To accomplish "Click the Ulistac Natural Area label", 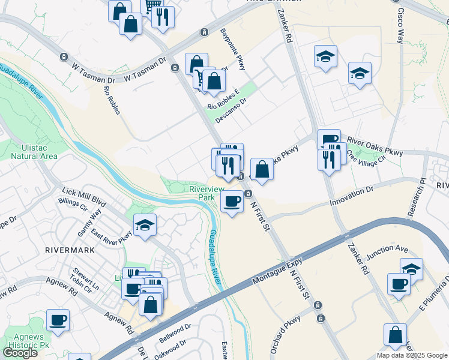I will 34,151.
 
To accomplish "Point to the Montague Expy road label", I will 277,268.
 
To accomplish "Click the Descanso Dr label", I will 231,110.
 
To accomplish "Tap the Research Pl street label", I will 414,196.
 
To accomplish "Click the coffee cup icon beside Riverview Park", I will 232,201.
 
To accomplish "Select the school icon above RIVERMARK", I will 145,225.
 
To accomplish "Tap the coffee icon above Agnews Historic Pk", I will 58,320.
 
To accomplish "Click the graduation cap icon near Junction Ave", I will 411,269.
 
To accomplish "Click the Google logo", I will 20,353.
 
